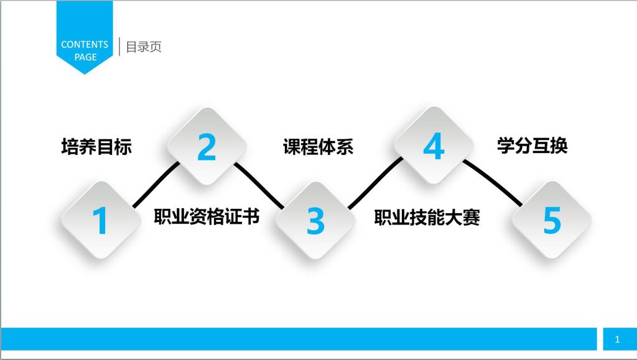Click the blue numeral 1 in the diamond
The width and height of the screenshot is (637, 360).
[x=100, y=220]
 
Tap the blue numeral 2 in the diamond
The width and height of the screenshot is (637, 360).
[x=207, y=147]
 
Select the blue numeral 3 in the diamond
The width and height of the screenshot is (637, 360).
[x=315, y=221]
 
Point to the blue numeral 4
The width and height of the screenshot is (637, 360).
[x=434, y=146]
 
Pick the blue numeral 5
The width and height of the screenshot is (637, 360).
[x=552, y=220]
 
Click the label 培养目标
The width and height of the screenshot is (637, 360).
[x=96, y=147]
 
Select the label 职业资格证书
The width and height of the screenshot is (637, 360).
[x=207, y=216]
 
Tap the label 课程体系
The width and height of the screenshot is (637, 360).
[x=318, y=147]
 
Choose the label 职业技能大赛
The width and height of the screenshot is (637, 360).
[x=427, y=217]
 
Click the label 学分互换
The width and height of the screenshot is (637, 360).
[x=532, y=145]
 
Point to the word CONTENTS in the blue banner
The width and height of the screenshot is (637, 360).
[x=85, y=44]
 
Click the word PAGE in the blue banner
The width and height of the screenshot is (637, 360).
[x=85, y=57]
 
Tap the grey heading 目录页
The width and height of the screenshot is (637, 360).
[x=144, y=47]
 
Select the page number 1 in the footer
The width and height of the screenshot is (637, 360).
[x=617, y=339]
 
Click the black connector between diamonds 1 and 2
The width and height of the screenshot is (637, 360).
[x=156, y=185]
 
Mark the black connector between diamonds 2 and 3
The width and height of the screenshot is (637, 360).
[x=259, y=185]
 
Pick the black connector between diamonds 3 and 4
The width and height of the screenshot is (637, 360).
[x=375, y=183]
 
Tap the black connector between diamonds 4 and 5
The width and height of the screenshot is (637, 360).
[x=493, y=182]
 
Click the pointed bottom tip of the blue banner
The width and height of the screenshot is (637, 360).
[x=85, y=75]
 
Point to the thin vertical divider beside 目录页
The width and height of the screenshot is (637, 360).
[x=119, y=46]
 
